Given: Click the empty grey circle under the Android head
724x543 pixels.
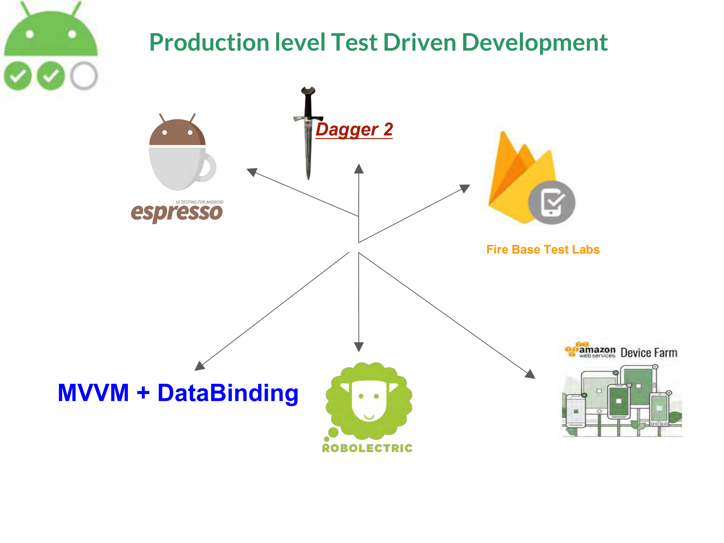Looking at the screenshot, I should pyautogui.click(x=84, y=76).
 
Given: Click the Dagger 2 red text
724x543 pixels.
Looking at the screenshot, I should pyautogui.click(x=354, y=129).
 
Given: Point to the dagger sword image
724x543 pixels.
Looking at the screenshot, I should pyautogui.click(x=308, y=132).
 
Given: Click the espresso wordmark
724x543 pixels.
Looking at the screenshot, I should pyautogui.click(x=177, y=212).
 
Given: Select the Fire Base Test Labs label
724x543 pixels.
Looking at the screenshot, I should pyautogui.click(x=543, y=249).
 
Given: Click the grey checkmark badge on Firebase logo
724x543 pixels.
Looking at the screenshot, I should pyautogui.click(x=552, y=202).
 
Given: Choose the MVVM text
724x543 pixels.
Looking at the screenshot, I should pyautogui.click(x=93, y=392).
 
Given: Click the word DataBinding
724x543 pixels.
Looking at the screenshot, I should pyautogui.click(x=228, y=393).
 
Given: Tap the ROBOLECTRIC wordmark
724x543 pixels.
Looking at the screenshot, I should pyautogui.click(x=367, y=448).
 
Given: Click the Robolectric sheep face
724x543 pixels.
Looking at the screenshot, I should pyautogui.click(x=369, y=400).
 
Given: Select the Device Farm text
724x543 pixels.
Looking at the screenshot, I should pyautogui.click(x=649, y=353).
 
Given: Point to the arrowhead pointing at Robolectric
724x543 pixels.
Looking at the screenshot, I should pyautogui.click(x=359, y=347).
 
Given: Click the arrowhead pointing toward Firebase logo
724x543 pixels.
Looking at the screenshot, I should pyautogui.click(x=465, y=188).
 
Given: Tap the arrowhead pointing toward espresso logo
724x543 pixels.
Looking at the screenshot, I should pyautogui.click(x=252, y=172).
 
